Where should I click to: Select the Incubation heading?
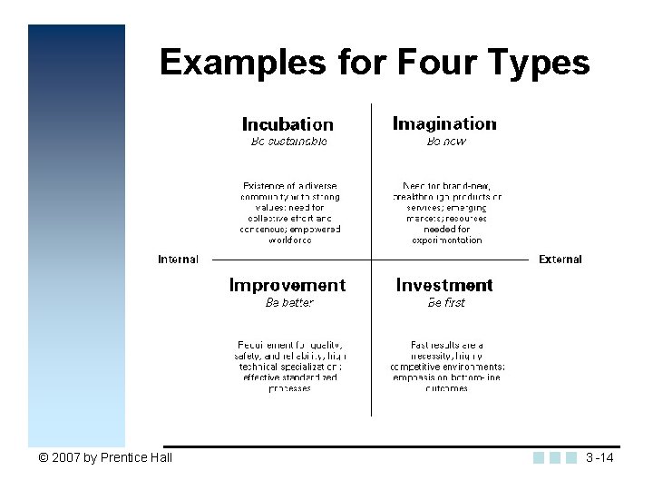click(x=288, y=124)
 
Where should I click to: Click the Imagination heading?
click(x=444, y=123)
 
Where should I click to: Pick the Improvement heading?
click(x=288, y=286)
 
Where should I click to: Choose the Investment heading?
click(x=444, y=286)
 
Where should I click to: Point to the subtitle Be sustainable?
click(x=288, y=142)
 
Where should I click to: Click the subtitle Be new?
click(x=446, y=142)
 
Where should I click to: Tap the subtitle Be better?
click(x=288, y=303)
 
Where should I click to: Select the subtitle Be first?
click(x=446, y=303)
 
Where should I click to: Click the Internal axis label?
click(x=178, y=260)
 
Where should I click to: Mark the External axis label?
click(x=560, y=260)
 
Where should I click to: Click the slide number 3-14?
click(x=599, y=457)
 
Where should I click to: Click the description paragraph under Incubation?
click(x=290, y=213)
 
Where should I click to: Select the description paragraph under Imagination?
click(x=446, y=213)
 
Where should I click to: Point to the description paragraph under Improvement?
click(x=290, y=367)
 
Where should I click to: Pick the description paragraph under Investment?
click(x=446, y=367)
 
